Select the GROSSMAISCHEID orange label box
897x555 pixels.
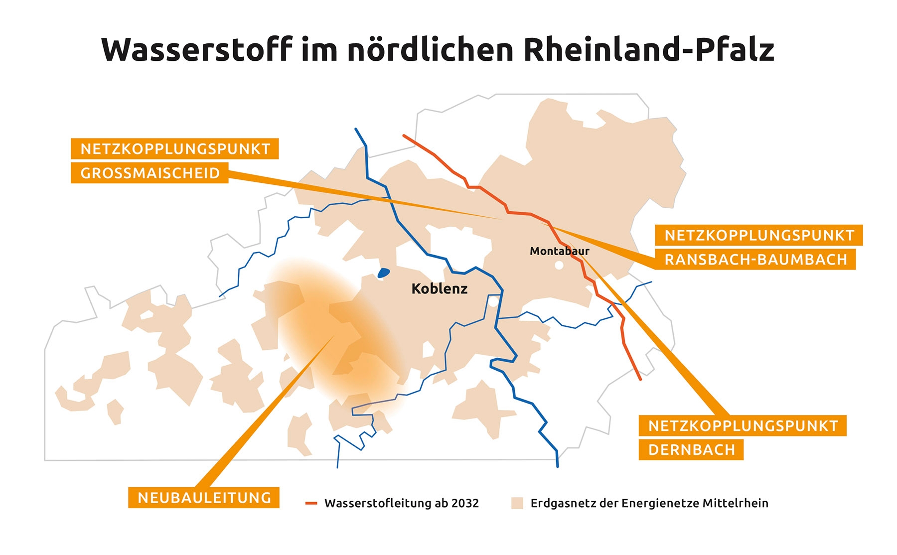pyautogui.click(x=149, y=173)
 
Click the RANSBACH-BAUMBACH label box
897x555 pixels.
pyautogui.click(x=755, y=260)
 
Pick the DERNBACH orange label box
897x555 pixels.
pyautogui.click(x=691, y=450)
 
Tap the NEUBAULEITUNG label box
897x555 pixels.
pyautogui.click(x=204, y=498)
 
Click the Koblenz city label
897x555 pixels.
pyautogui.click(x=439, y=288)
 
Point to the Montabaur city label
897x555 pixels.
pyautogui.click(x=559, y=251)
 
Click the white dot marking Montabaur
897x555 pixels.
pyautogui.click(x=559, y=266)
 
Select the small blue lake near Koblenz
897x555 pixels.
pyautogui.click(x=383, y=273)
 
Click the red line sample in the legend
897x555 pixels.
pyautogui.click(x=311, y=503)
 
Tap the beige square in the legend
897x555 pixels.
pyautogui.click(x=517, y=503)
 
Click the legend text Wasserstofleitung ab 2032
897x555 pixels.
pyautogui.click(x=401, y=503)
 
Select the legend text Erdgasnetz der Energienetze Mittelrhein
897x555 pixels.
pyautogui.click(x=649, y=503)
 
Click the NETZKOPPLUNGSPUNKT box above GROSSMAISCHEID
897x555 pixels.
pyautogui.click(x=174, y=149)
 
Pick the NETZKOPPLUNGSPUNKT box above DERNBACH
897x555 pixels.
pyautogui.click(x=743, y=426)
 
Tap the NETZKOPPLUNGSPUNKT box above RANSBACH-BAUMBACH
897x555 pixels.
pyautogui.click(x=758, y=235)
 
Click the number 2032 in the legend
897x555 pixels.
pyautogui.click(x=465, y=503)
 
